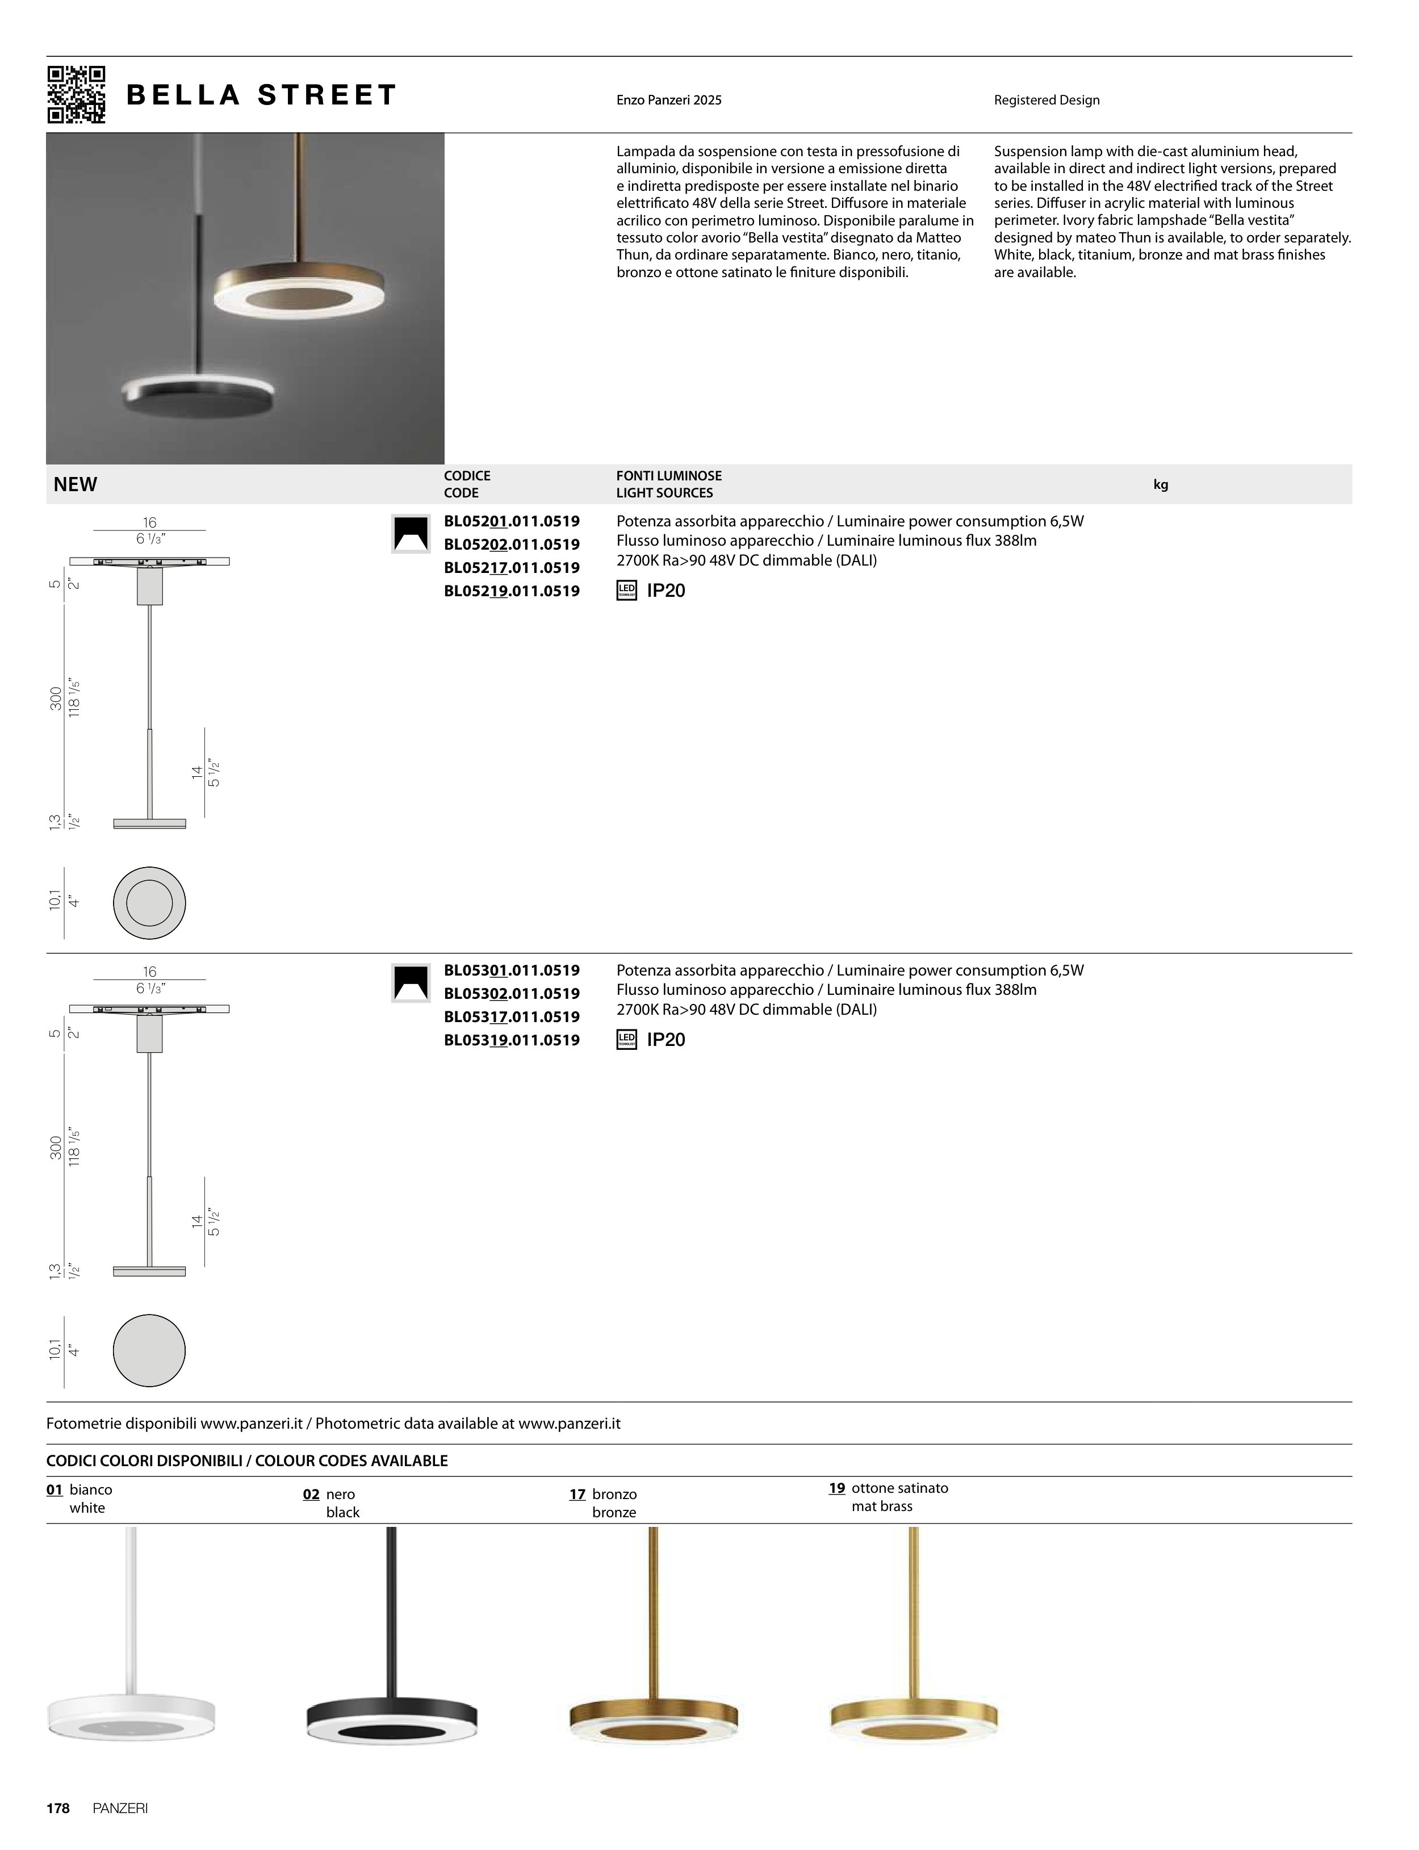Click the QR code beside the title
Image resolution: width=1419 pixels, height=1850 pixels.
point(76,95)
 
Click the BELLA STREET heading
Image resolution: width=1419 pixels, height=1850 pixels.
point(261,95)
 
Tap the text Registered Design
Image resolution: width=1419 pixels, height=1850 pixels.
point(1047,101)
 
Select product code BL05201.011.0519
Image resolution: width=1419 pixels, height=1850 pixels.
point(512,521)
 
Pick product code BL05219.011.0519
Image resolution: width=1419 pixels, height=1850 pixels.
point(512,591)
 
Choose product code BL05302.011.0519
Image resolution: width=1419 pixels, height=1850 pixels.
point(512,994)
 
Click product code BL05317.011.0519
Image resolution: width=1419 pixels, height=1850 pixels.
point(512,1017)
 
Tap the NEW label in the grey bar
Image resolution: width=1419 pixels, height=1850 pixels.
point(75,485)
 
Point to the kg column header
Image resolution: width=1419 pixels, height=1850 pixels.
point(1161,485)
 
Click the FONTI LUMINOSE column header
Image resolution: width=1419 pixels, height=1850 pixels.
point(669,476)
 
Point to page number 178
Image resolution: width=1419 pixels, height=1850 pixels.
point(57,1809)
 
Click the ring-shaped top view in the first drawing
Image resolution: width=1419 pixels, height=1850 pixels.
point(149,903)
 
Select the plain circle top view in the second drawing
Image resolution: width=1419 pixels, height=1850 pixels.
point(149,1350)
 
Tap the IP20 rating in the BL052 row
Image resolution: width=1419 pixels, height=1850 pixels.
point(665,591)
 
